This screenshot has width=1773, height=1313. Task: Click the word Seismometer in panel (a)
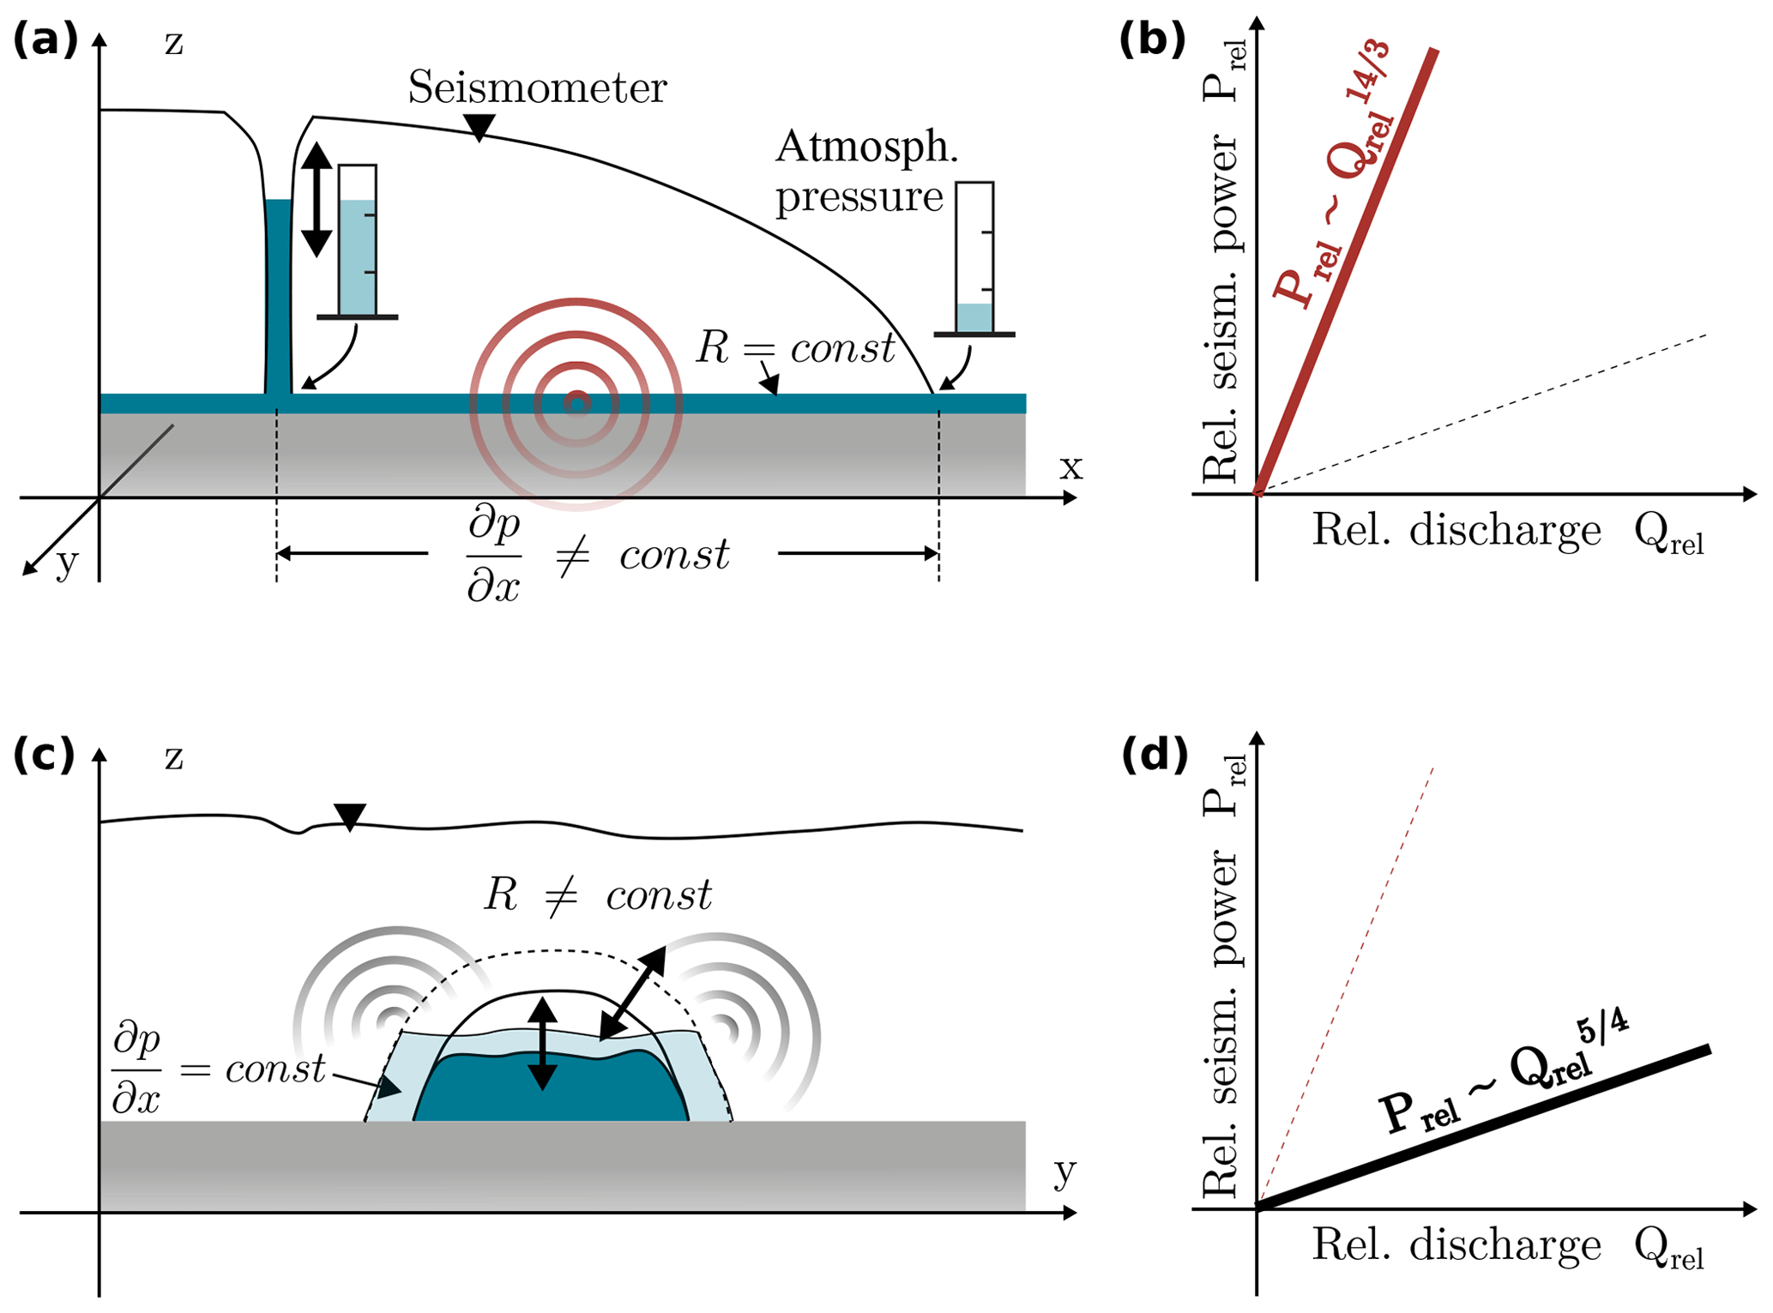(537, 87)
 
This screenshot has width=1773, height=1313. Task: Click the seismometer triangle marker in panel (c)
(349, 816)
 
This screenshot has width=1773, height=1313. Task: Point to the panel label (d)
(1155, 754)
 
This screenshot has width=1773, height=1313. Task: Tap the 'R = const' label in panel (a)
(795, 348)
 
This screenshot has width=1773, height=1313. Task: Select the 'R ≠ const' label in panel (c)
(598, 895)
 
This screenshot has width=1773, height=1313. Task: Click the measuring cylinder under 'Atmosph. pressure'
(974, 257)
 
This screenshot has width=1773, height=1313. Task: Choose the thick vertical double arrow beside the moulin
(317, 199)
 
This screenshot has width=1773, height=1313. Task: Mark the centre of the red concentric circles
(576, 403)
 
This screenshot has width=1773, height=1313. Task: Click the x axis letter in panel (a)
(1070, 467)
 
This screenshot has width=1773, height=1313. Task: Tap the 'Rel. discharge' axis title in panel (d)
(1456, 1244)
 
